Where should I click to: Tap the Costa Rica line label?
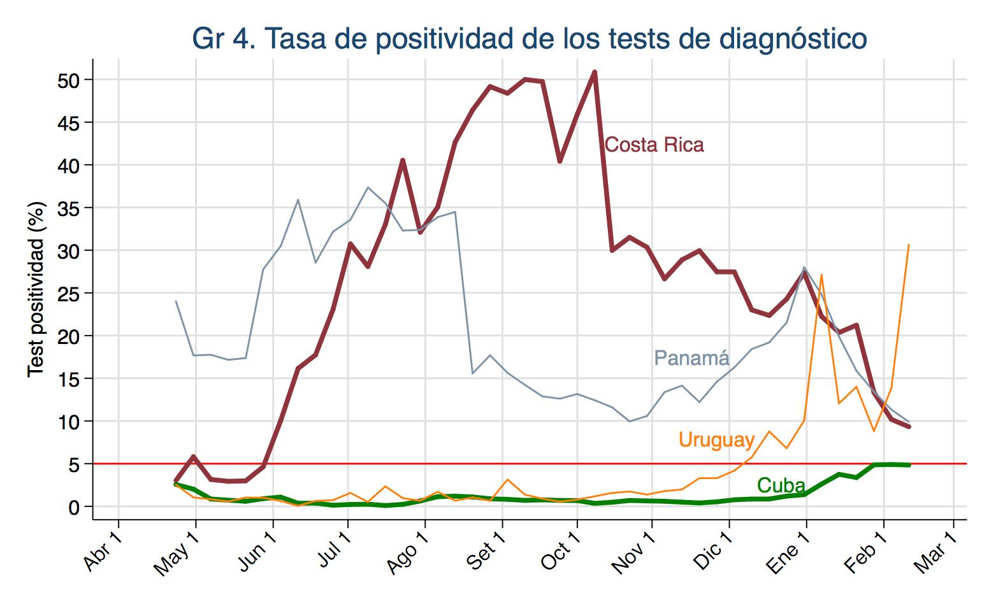(x=654, y=145)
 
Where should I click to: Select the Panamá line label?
(x=691, y=358)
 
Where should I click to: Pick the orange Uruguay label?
(x=716, y=440)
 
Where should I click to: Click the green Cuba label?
(x=781, y=485)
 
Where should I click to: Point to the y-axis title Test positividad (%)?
(x=37, y=289)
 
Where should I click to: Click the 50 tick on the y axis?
(x=69, y=80)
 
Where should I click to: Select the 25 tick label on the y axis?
(x=69, y=293)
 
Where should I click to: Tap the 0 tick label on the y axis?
(x=74, y=507)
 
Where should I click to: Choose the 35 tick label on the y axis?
(x=69, y=208)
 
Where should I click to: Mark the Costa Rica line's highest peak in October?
(x=594, y=71)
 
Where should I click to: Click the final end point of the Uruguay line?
(x=909, y=245)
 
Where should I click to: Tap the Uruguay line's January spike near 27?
(x=821, y=275)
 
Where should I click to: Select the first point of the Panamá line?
(x=176, y=301)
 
